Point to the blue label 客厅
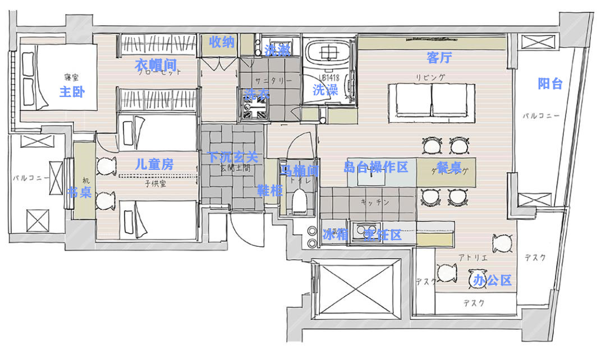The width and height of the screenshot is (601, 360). pyautogui.click(x=439, y=57)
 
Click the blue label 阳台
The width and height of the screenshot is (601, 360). pyautogui.click(x=550, y=84)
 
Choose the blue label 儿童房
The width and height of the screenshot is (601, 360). pyautogui.click(x=154, y=165)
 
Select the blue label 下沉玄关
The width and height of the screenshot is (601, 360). pyautogui.click(x=232, y=158)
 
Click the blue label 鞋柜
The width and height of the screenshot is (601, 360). pyautogui.click(x=269, y=190)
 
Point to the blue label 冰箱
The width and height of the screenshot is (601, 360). pyautogui.click(x=335, y=235)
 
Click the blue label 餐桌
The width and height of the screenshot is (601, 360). pyautogui.click(x=449, y=167)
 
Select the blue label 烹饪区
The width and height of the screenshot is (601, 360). pyautogui.click(x=383, y=235)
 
